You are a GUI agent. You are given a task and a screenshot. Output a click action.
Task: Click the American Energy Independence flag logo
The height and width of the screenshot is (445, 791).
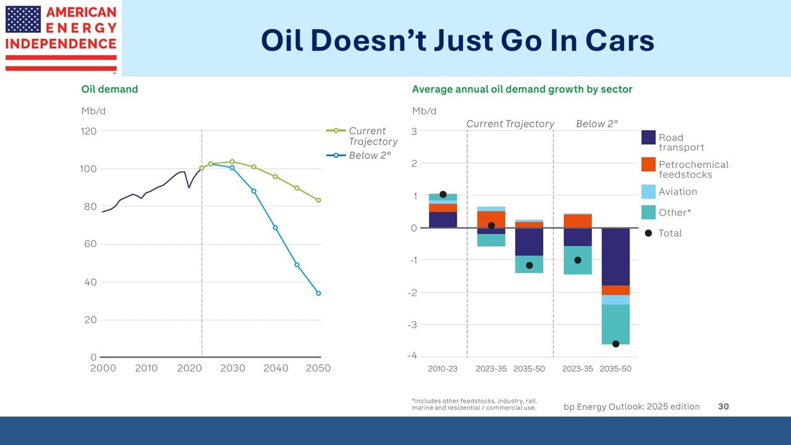[x=23, y=19]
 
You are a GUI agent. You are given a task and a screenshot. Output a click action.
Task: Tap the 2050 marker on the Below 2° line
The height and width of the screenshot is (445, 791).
[x=318, y=293]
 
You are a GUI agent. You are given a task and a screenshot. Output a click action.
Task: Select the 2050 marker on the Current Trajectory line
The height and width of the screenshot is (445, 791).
[x=318, y=200]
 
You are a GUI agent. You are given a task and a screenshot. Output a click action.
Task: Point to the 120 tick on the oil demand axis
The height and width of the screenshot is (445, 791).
[x=89, y=131]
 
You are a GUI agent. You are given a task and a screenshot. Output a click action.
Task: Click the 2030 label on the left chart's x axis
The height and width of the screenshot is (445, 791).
[x=232, y=368]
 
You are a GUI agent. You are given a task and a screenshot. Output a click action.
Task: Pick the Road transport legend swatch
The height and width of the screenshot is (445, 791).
[x=648, y=137]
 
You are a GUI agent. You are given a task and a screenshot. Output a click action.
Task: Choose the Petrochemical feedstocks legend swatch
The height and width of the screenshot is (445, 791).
[x=648, y=164]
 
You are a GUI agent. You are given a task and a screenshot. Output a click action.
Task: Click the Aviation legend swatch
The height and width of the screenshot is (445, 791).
[x=648, y=192]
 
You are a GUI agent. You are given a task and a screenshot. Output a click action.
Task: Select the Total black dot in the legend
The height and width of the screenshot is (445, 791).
[x=648, y=233]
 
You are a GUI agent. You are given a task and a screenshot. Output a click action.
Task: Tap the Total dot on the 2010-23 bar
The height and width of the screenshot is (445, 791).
[x=442, y=195]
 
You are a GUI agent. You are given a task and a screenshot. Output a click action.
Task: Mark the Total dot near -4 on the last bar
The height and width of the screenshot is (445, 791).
[x=615, y=344]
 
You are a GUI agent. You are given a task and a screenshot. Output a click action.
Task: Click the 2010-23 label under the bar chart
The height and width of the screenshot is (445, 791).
[x=442, y=369]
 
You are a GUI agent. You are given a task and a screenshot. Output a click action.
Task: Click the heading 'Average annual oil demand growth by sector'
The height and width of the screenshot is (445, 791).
[x=522, y=89]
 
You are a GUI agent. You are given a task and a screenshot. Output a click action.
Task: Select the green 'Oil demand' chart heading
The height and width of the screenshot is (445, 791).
[x=109, y=89]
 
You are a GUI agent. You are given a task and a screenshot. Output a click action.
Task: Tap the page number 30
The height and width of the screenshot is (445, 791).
[x=723, y=406]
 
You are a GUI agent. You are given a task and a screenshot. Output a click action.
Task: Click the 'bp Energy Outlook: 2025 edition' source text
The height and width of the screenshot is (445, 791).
[x=632, y=406]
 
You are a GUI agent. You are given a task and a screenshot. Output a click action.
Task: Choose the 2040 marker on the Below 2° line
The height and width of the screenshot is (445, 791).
[x=276, y=227]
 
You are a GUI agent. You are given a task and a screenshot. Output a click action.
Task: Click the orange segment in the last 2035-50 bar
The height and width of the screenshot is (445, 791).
[x=615, y=290]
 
